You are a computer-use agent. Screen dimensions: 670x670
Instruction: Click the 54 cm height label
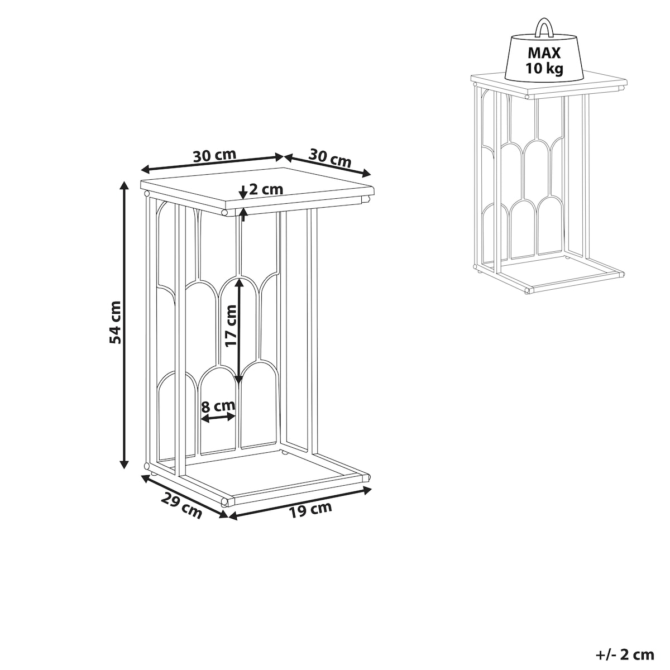click(115, 323)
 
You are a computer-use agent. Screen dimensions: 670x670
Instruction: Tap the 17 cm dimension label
click(231, 326)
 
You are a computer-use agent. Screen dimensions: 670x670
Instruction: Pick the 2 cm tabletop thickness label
click(266, 189)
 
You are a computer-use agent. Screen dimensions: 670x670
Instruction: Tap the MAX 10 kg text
click(544, 60)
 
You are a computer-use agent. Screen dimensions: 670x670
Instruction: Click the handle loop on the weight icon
click(543, 28)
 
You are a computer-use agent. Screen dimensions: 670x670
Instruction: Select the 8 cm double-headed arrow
click(219, 418)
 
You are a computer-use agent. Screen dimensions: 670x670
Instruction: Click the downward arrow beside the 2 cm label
click(243, 192)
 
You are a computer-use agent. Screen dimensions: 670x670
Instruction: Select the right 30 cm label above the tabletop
click(329, 157)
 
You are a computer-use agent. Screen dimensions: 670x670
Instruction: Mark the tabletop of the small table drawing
click(549, 84)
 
